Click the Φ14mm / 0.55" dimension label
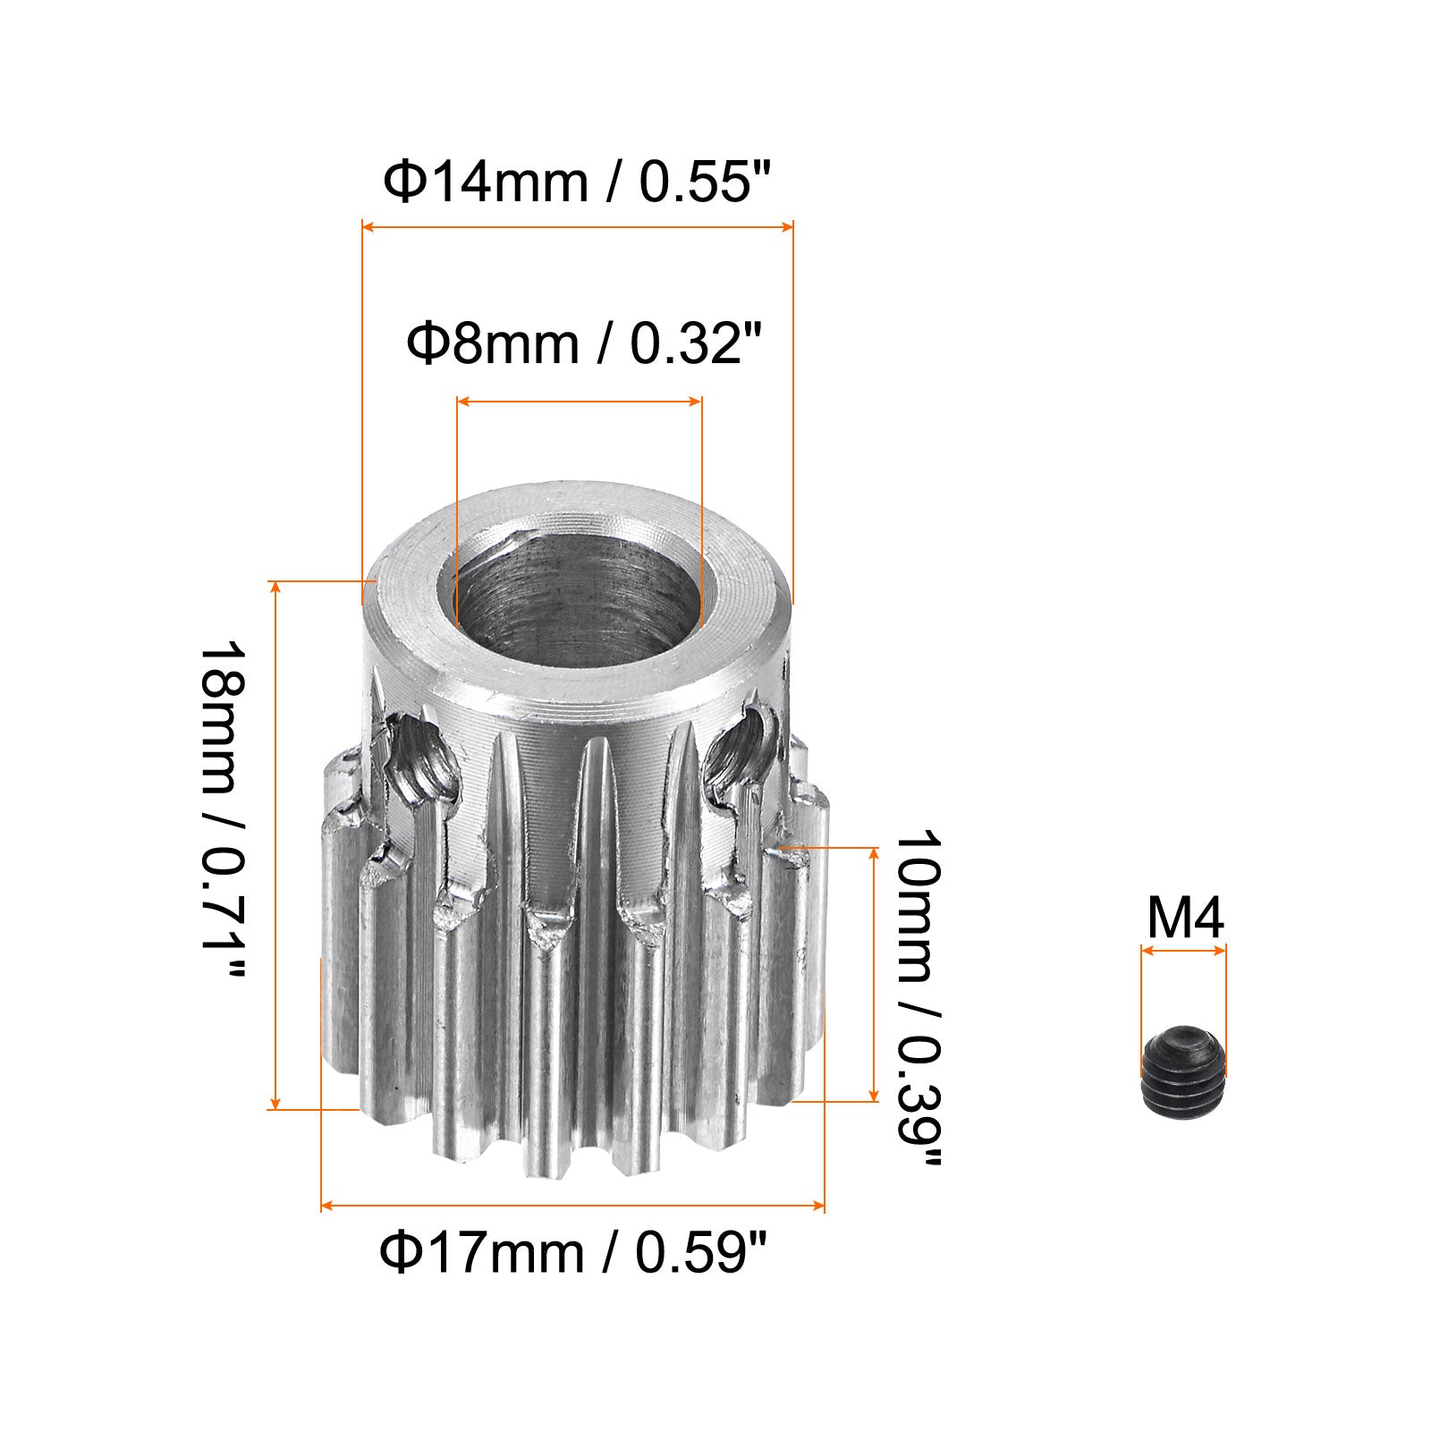576,183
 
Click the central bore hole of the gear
579,601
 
